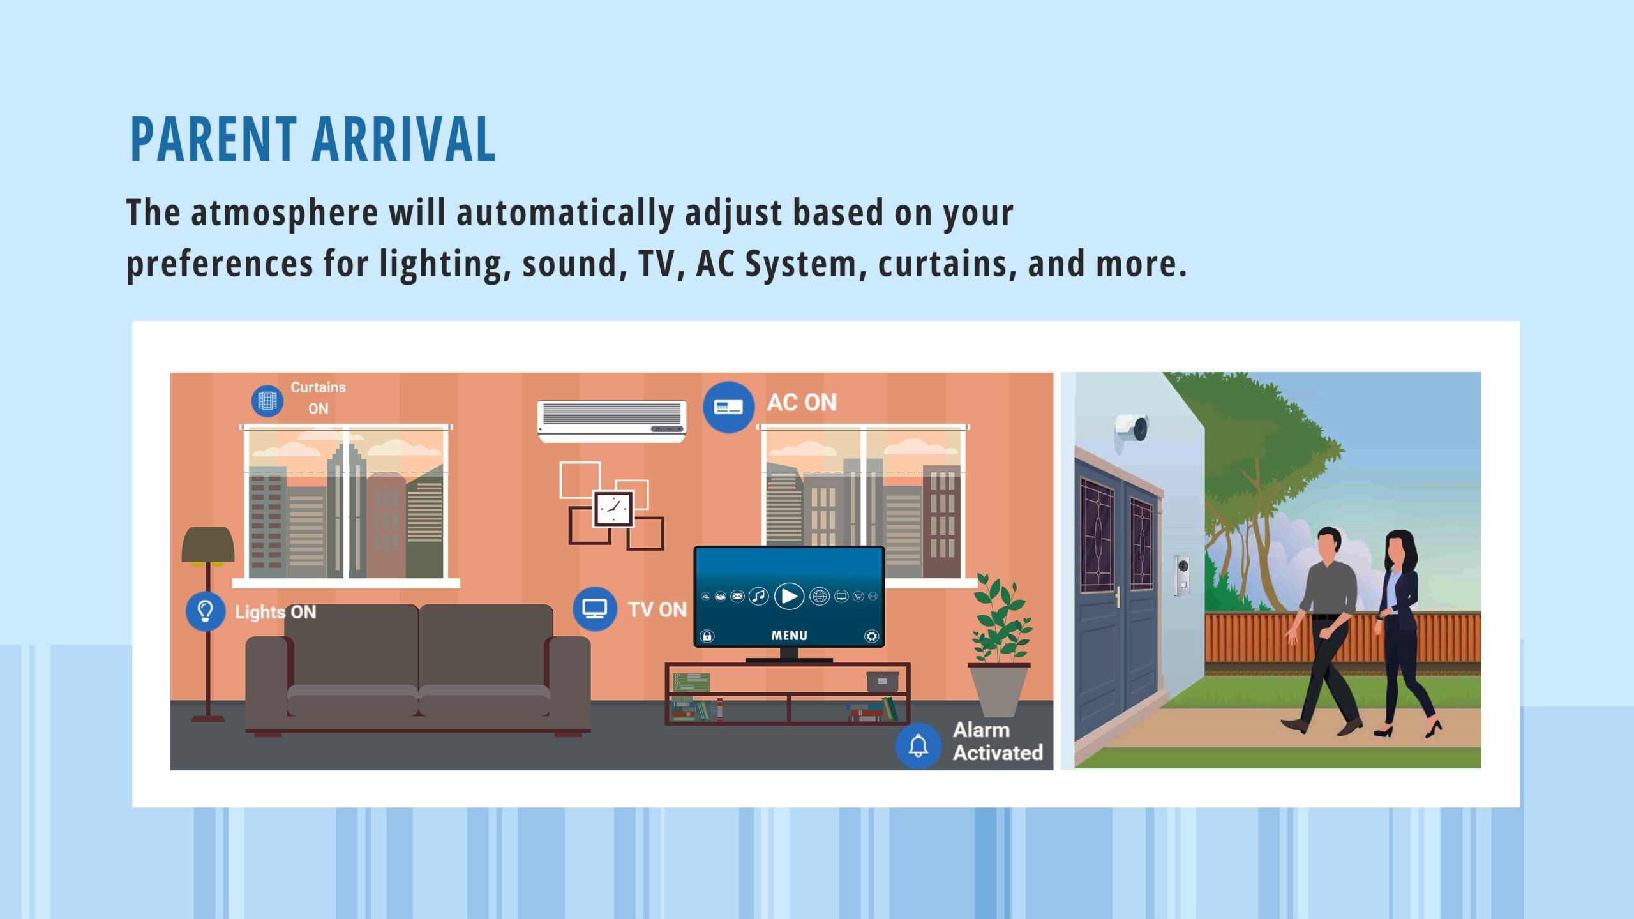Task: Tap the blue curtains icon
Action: pos(267,401)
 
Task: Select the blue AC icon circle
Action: pos(728,407)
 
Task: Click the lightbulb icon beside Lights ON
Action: pos(205,611)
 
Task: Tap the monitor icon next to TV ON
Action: pos(594,609)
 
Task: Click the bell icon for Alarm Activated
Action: pos(918,745)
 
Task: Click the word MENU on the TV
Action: pos(789,636)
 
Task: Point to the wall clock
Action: pos(613,509)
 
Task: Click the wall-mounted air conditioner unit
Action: pos(611,421)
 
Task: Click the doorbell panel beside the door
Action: pos(1182,575)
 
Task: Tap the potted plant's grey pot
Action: pos(999,689)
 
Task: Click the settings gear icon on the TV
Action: pos(871,636)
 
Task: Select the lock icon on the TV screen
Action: pos(707,636)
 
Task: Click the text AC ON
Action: pos(802,403)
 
